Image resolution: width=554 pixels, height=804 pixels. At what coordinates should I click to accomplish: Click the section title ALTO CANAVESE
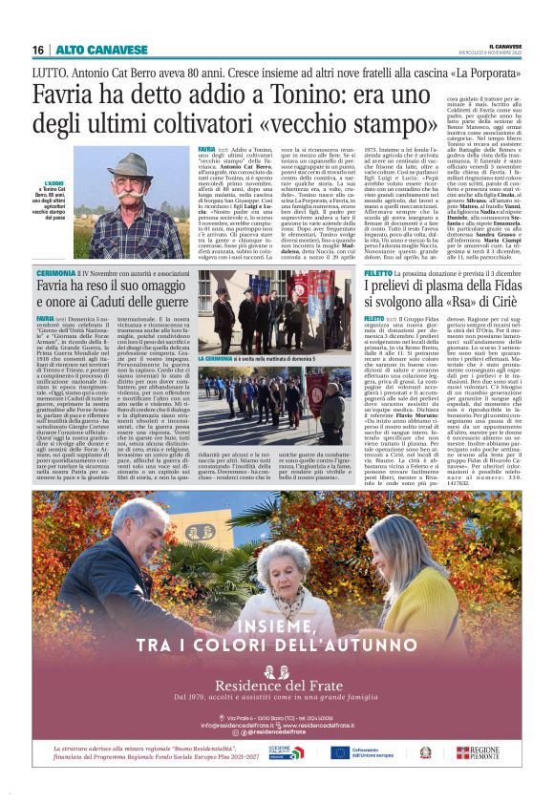coord(89,50)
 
